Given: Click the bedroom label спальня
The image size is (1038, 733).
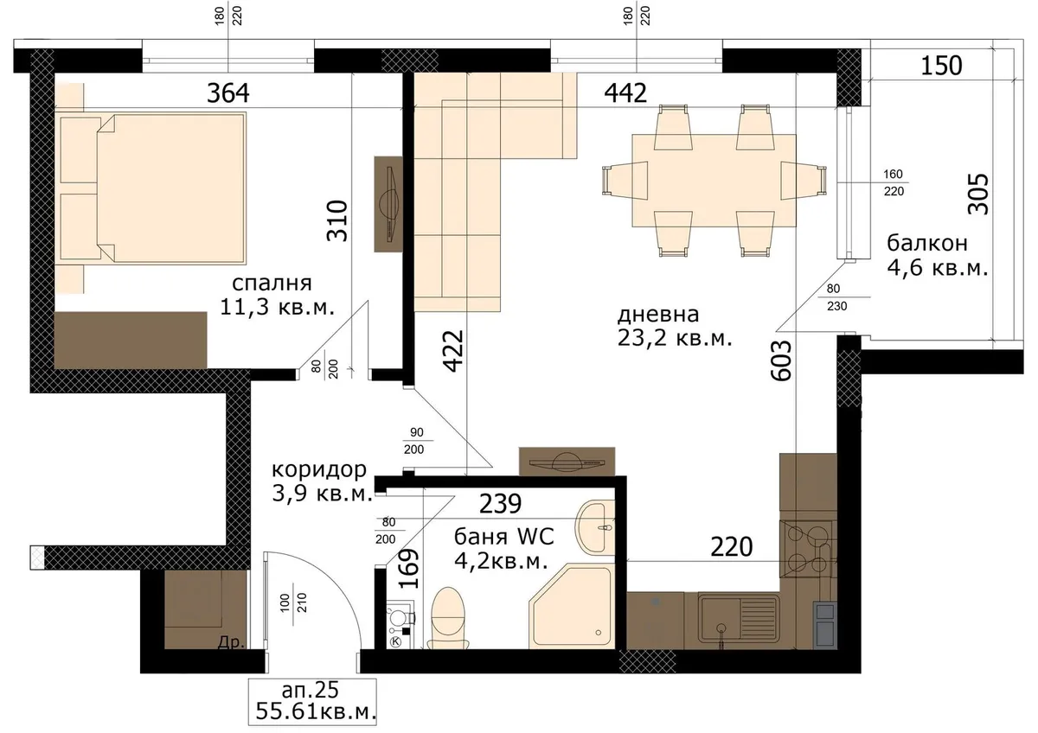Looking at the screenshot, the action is (272, 284).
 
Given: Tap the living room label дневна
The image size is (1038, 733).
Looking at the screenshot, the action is (658, 315).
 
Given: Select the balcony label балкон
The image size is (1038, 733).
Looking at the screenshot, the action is (927, 244).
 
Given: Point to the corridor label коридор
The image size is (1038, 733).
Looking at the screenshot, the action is (319, 470).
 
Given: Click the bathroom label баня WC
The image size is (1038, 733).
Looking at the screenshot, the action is (503, 537).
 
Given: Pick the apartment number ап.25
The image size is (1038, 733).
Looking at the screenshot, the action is (311, 691).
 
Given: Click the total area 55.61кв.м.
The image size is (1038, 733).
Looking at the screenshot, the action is (316, 712).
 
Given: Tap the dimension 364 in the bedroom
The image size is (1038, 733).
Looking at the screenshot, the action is (228, 93).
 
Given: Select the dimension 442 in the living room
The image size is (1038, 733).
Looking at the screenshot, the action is (625, 93).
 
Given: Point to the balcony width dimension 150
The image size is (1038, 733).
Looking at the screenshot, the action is (941, 66).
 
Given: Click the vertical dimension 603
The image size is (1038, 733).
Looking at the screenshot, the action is (782, 360).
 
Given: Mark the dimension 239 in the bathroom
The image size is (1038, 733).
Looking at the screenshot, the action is (500, 504).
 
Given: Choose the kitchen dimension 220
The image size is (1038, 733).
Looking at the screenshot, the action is (732, 547).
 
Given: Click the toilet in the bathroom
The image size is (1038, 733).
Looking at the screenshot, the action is (448, 619).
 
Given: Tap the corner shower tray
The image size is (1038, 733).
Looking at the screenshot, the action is (572, 606).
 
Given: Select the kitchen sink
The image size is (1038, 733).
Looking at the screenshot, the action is (739, 618).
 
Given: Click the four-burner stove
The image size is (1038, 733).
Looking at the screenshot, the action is (808, 549).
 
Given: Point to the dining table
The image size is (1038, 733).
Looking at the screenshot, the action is (714, 181).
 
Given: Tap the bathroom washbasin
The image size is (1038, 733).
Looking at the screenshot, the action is (594, 527).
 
